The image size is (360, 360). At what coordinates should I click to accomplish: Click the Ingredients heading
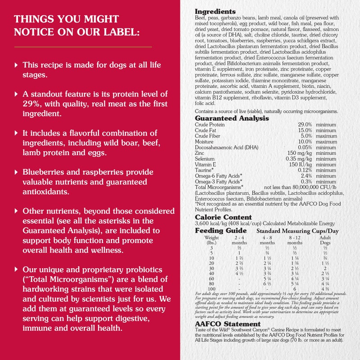pos(215,12)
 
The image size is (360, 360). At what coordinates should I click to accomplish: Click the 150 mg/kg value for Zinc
pos(301,153)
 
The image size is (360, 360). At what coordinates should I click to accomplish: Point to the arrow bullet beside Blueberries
pos(17,172)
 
